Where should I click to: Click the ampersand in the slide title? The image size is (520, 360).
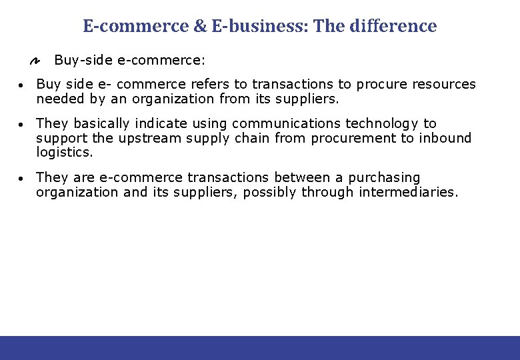coord(201,27)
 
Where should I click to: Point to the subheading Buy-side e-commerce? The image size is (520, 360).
coord(129,61)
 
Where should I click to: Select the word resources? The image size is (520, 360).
coord(444,85)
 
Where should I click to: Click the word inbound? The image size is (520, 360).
coord(446,139)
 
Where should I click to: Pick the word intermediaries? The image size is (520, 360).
coord(407,193)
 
